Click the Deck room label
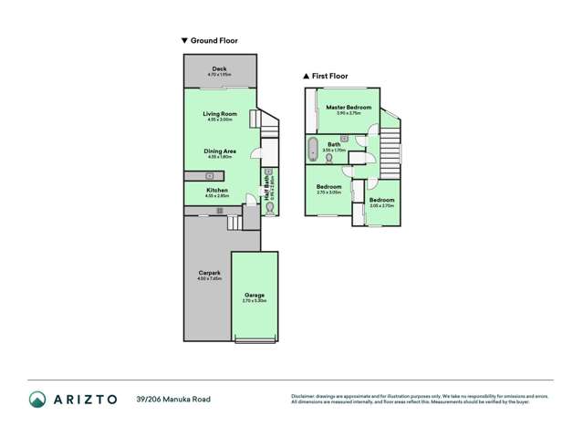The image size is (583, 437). tap(220, 69)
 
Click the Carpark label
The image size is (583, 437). tap(209, 275)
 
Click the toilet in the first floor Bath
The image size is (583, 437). tap(328, 157)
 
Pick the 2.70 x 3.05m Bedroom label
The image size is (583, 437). tap(328, 189)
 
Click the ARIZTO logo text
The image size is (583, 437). tap(86, 399)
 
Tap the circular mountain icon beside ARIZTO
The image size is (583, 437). tap(38, 399)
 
